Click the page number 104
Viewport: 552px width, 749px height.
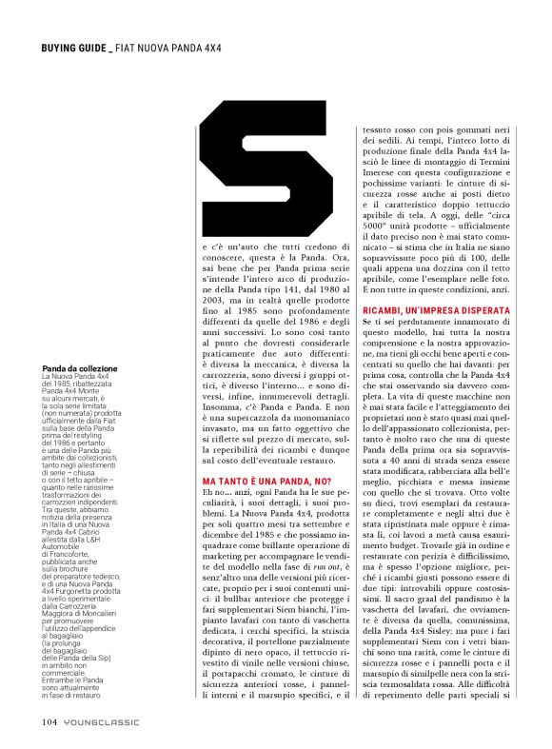tap(49, 720)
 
